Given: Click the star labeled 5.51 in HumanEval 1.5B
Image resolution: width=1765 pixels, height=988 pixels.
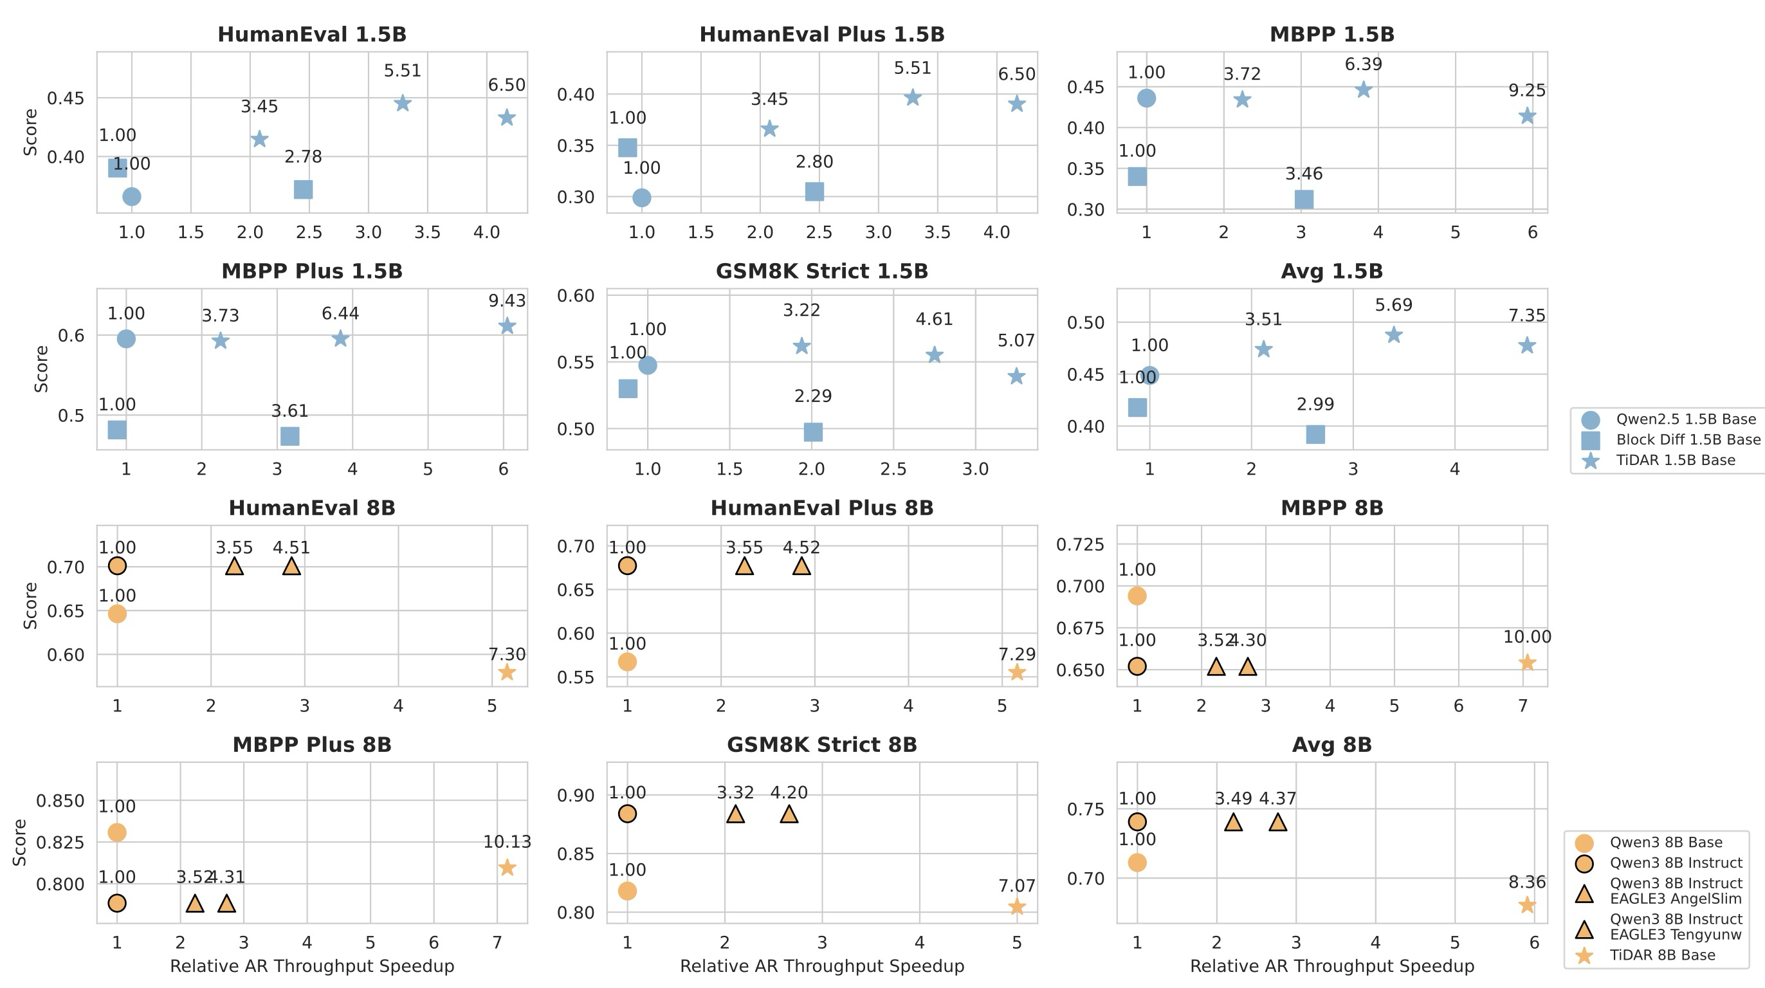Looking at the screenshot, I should tap(403, 104).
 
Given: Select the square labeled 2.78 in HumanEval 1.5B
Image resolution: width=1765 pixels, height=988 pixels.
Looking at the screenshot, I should tap(303, 189).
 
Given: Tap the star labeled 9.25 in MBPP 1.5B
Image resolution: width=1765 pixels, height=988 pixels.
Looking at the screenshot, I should tap(1526, 116).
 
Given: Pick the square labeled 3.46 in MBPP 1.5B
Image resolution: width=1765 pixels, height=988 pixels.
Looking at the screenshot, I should tap(1304, 199).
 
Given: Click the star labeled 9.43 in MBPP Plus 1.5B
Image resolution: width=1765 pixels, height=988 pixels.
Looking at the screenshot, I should tap(507, 325).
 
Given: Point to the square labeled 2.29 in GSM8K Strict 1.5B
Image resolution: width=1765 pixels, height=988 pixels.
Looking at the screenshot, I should tap(812, 432).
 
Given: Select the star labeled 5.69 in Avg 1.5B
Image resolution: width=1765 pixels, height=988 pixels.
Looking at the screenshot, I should tap(1394, 335).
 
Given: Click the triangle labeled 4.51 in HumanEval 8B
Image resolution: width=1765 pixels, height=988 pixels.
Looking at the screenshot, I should tap(291, 567).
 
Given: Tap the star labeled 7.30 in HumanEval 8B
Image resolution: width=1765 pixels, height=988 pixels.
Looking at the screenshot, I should tap(506, 672).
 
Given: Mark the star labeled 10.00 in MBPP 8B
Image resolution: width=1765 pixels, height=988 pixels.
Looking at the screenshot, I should tap(1526, 663).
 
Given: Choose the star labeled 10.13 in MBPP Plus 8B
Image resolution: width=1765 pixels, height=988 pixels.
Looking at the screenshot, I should tap(507, 868).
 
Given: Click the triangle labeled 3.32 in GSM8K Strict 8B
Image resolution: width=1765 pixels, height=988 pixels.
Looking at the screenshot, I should tap(735, 814).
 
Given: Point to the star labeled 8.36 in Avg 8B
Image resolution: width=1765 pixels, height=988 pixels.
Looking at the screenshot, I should tap(1526, 905).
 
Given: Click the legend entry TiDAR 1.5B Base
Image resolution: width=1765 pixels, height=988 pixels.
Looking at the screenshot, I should tap(1675, 461).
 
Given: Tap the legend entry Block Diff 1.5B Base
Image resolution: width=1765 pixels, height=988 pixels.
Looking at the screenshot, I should tap(1688, 440).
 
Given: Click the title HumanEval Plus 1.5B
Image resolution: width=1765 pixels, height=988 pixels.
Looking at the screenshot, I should tap(821, 34).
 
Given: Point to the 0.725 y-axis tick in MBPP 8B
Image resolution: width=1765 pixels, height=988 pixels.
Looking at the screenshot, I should tap(1081, 545).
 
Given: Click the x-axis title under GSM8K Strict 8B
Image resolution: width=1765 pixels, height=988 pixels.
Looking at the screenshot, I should tap(821, 966).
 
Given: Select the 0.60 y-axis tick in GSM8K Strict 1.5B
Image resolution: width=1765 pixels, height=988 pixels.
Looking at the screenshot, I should tap(576, 296).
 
